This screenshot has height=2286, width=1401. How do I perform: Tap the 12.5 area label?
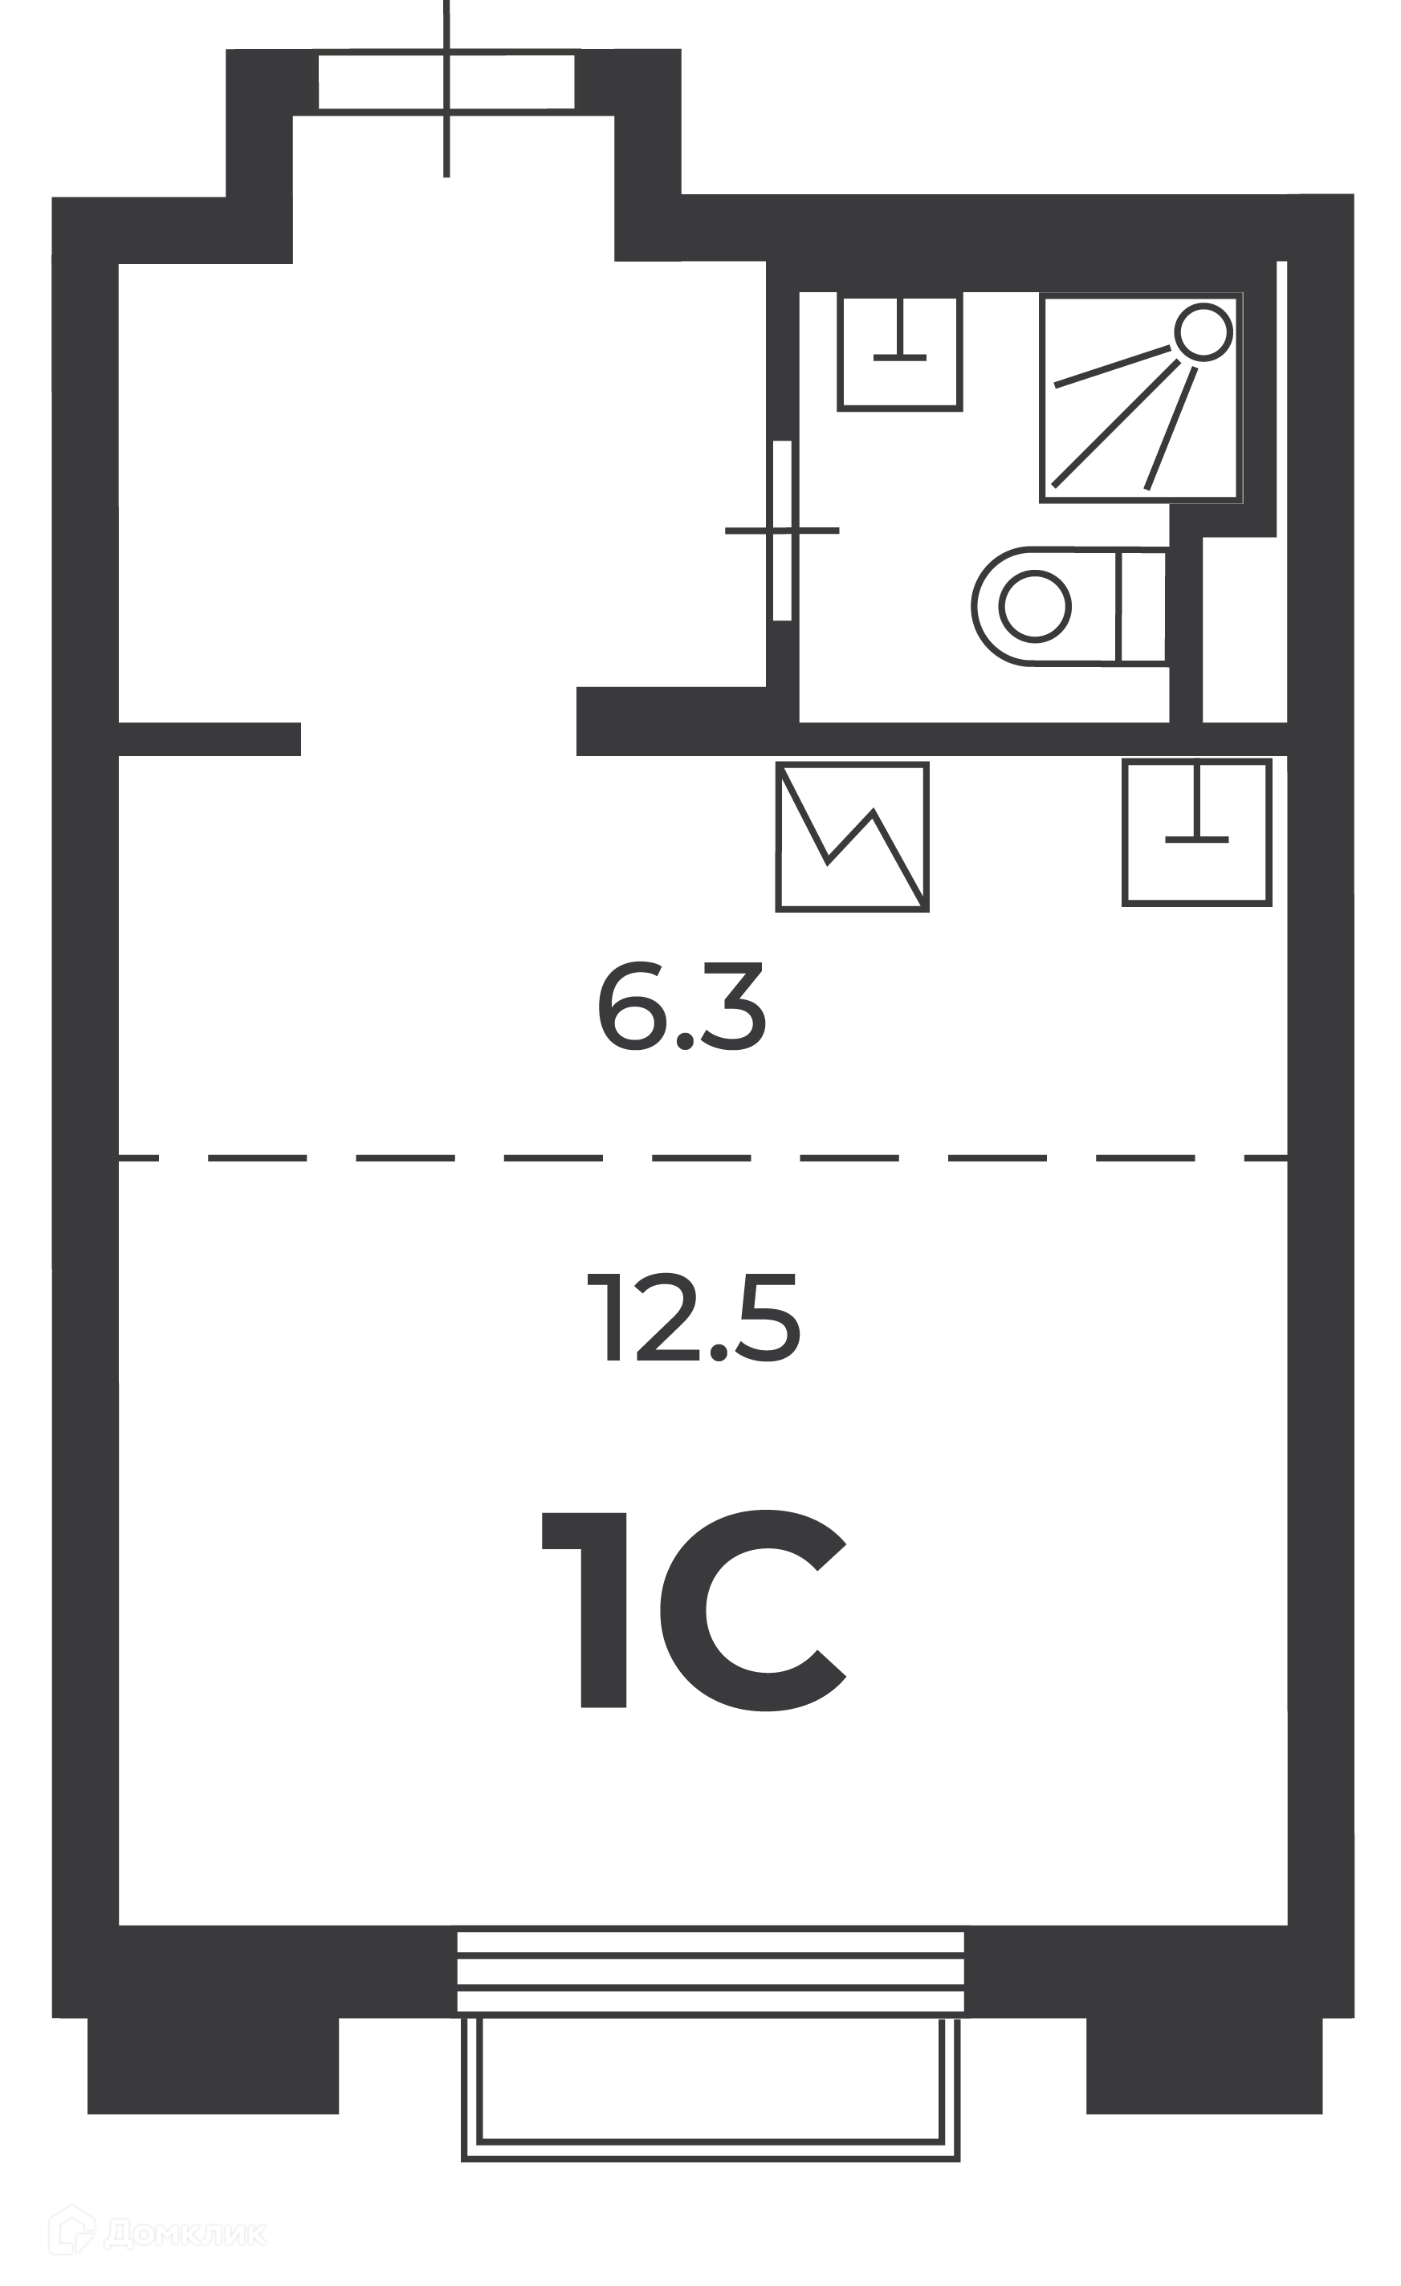[x=693, y=1316]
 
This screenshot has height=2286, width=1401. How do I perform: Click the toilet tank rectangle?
[x=1142, y=606]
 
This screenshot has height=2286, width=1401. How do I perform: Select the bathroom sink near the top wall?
[x=899, y=352]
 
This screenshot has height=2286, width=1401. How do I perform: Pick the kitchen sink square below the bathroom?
[x=1196, y=832]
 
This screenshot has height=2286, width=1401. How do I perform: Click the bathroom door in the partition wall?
[x=782, y=531]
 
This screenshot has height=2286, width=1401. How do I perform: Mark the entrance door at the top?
[x=446, y=83]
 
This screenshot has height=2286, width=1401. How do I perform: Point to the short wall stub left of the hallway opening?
[x=210, y=738]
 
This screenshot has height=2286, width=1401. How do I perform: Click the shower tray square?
[x=1141, y=399]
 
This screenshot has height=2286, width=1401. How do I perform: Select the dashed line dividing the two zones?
[x=703, y=1157]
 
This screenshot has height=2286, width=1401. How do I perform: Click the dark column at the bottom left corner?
[x=213, y=2065]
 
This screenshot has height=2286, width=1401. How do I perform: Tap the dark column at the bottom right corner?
[x=1204, y=2065]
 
